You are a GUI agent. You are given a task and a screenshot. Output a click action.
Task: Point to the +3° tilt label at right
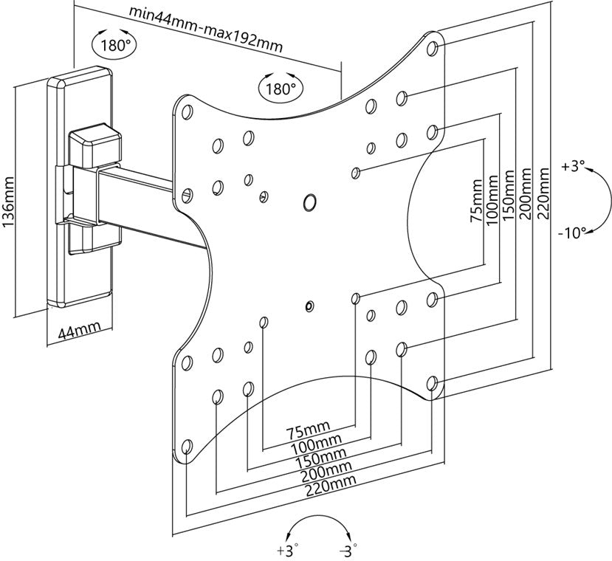572,167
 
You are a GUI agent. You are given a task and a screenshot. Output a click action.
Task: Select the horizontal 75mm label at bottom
309,431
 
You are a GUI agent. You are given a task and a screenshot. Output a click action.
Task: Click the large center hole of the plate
310,201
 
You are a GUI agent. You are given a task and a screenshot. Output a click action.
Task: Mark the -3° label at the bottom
346,551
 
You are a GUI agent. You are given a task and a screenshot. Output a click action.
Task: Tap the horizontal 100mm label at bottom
313,444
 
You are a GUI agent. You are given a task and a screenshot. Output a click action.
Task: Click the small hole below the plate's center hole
309,304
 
